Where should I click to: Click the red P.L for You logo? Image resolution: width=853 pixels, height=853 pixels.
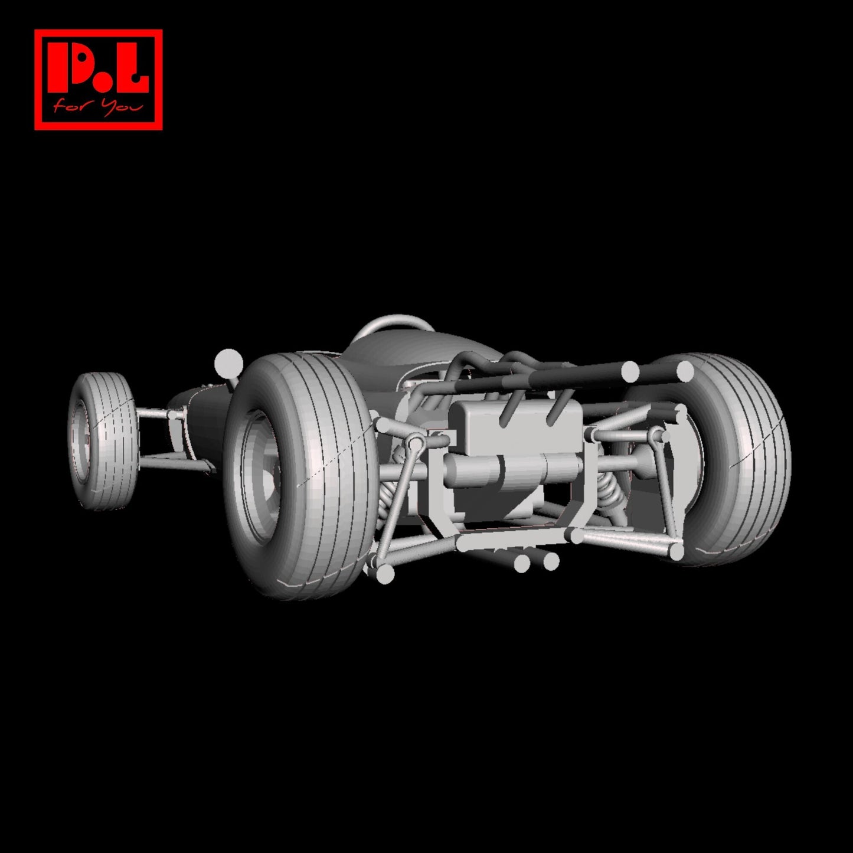pyautogui.click(x=99, y=79)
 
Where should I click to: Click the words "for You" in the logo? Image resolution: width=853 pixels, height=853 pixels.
pyautogui.click(x=99, y=108)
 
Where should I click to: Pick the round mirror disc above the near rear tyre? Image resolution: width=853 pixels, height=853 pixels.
pyautogui.click(x=229, y=361)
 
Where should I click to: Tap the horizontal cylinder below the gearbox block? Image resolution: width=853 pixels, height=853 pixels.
pyautogui.click(x=508, y=472)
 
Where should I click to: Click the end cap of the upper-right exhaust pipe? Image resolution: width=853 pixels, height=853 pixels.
pyautogui.click(x=684, y=371)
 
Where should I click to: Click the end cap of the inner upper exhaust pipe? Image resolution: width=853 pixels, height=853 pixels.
pyautogui.click(x=630, y=372)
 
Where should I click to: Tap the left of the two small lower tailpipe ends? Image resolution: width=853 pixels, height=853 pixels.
pyautogui.click(x=522, y=564)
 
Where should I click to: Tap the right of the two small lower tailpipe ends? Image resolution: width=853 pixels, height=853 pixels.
pyautogui.click(x=551, y=561)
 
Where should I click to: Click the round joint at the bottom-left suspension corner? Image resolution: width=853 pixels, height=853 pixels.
pyautogui.click(x=385, y=574)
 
